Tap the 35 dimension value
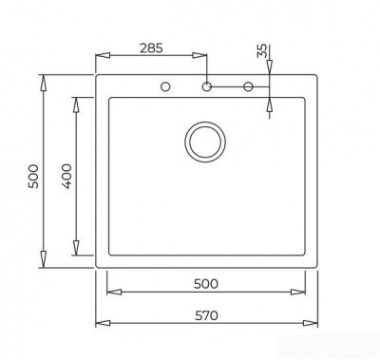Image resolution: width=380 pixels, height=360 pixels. click(262, 50)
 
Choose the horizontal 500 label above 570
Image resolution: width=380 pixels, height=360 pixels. click(206, 283)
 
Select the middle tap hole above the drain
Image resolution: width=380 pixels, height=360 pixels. click(205, 87)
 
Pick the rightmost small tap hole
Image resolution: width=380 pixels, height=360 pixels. click(249, 87)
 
